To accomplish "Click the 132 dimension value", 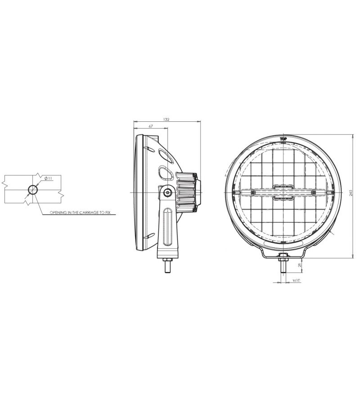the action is point(166,120).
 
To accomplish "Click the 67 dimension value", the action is point(151,126).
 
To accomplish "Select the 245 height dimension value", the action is point(351,193).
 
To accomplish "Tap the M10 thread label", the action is point(296,281).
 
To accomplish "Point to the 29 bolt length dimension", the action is point(300,265).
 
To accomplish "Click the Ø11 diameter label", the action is point(49,178).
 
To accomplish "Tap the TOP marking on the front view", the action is point(283,139).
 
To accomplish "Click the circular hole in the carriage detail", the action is point(33,190).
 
